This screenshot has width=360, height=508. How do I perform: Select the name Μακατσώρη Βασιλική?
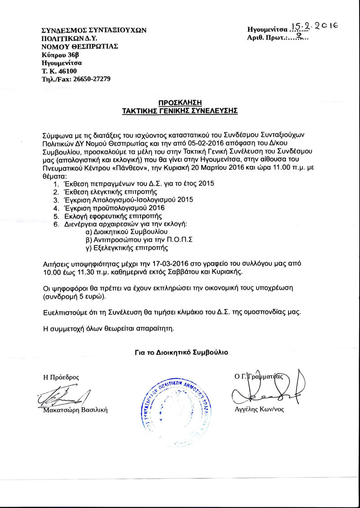point(75,410)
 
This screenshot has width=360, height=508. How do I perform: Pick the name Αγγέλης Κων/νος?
point(260,410)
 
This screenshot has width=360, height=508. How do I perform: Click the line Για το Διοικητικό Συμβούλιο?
point(181,352)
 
